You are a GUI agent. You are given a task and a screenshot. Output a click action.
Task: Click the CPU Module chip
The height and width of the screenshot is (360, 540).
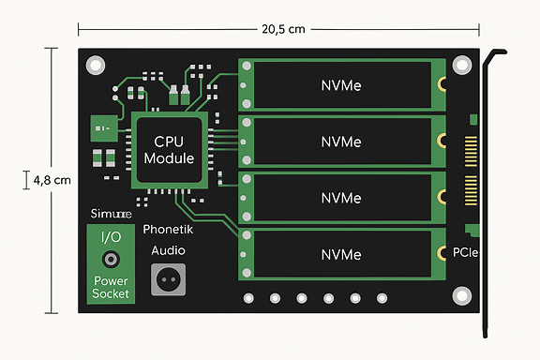(169, 149)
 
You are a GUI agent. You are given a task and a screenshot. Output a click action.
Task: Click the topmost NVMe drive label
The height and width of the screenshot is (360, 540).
(341, 86)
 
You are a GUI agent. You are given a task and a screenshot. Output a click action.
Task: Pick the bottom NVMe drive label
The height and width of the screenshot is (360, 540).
(341, 254)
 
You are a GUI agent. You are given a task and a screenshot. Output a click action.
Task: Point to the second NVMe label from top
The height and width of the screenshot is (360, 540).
(341, 142)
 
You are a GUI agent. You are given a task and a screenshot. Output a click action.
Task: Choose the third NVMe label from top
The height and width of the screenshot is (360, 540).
(341, 198)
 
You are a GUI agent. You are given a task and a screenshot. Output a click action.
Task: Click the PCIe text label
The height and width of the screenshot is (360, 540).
(467, 252)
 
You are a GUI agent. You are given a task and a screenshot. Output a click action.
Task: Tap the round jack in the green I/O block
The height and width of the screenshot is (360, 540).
(111, 259)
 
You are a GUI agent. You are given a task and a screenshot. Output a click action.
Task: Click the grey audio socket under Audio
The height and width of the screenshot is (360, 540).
(169, 277)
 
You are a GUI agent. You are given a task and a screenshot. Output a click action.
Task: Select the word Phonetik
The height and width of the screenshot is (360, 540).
(169, 229)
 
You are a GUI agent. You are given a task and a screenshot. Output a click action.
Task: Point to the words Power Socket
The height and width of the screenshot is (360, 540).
(111, 287)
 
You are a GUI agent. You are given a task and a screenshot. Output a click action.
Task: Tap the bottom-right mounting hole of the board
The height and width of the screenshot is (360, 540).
(461, 294)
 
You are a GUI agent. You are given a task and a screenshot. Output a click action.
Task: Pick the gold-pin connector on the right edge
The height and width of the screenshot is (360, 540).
(471, 169)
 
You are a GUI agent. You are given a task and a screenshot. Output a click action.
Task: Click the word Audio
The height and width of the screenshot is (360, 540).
(169, 250)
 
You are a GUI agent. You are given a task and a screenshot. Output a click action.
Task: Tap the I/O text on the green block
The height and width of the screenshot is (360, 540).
(111, 236)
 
